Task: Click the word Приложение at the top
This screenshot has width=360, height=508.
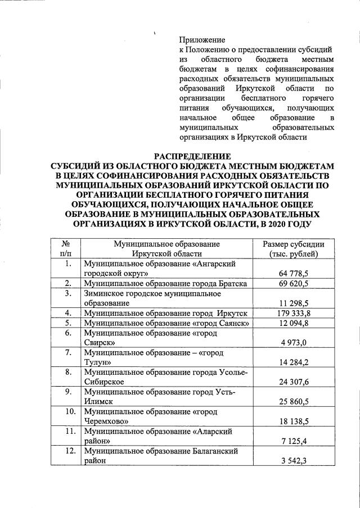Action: pos(202,40)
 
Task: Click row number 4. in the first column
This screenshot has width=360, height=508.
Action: pos(67,313)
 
